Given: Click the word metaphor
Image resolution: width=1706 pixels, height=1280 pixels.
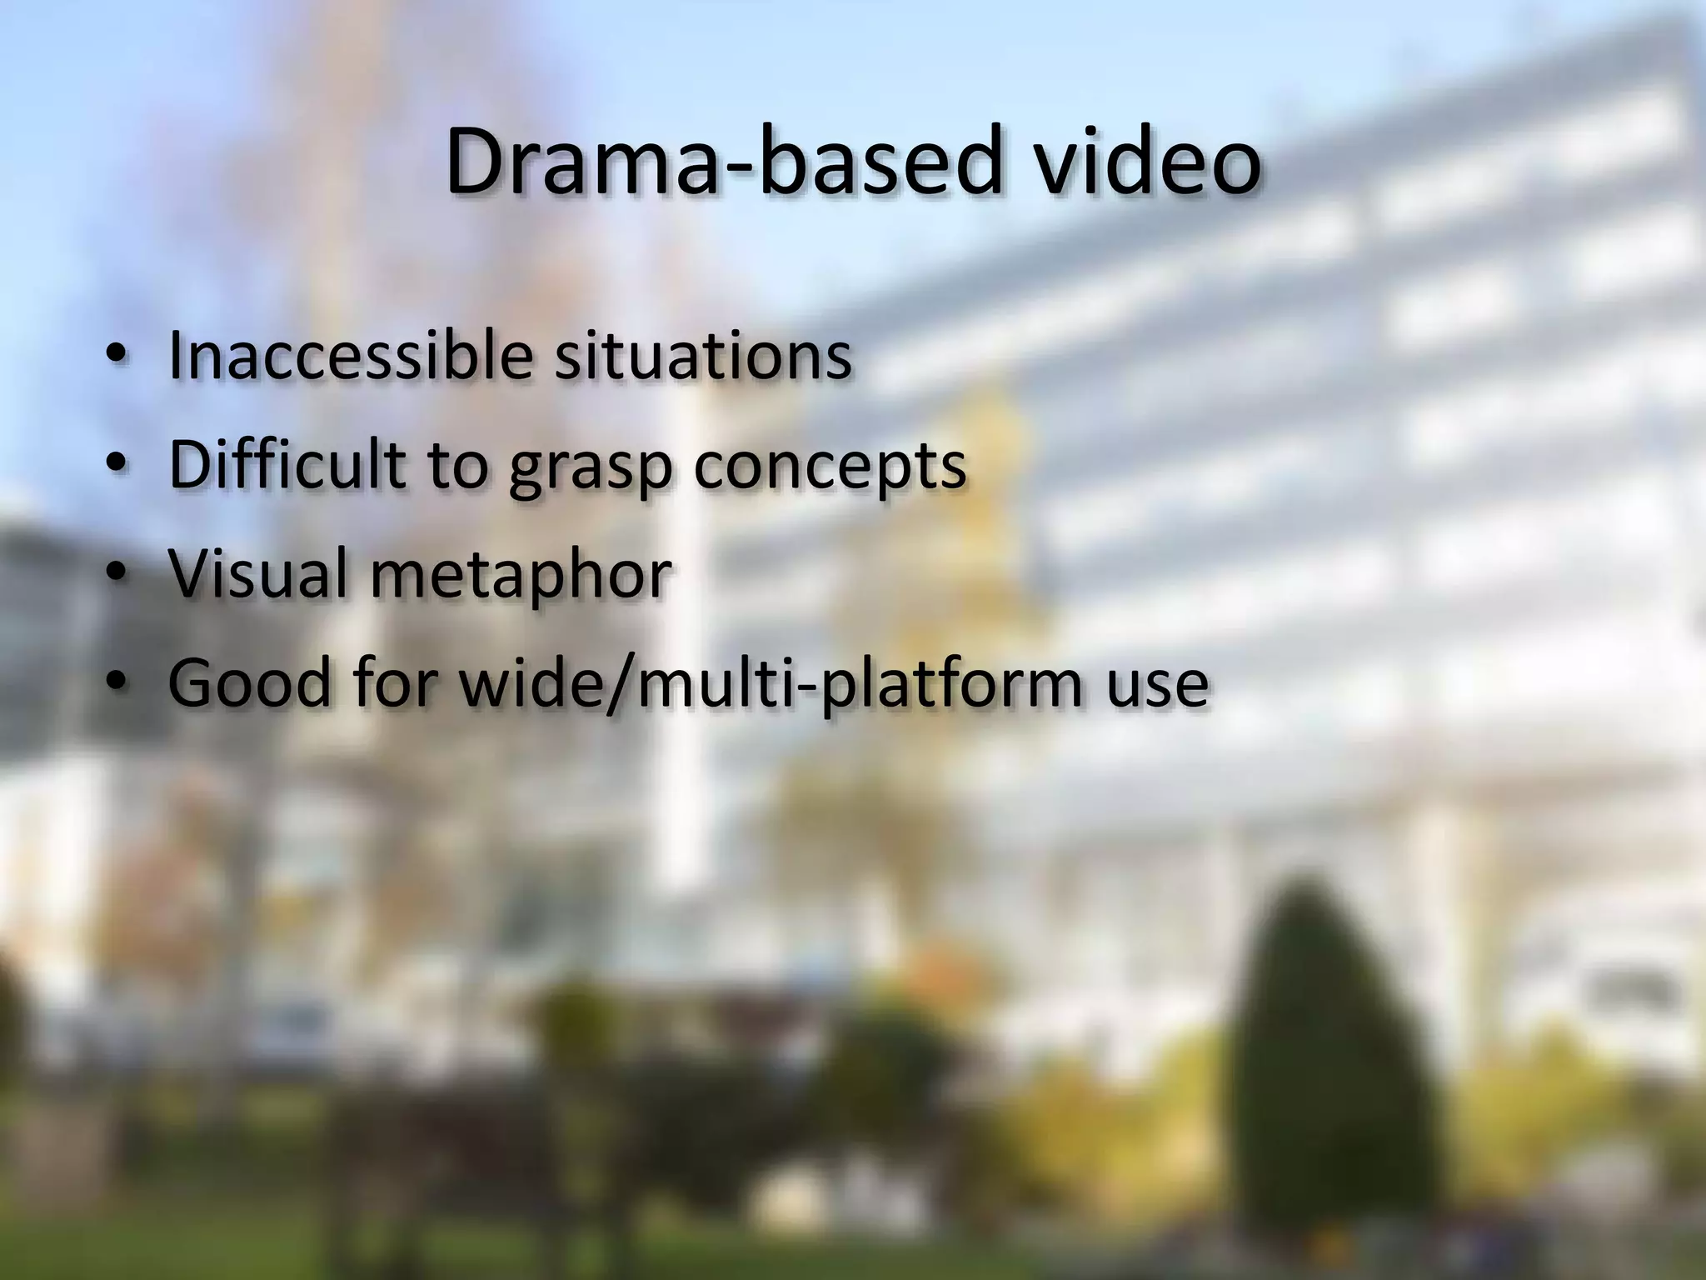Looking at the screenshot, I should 521,575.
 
